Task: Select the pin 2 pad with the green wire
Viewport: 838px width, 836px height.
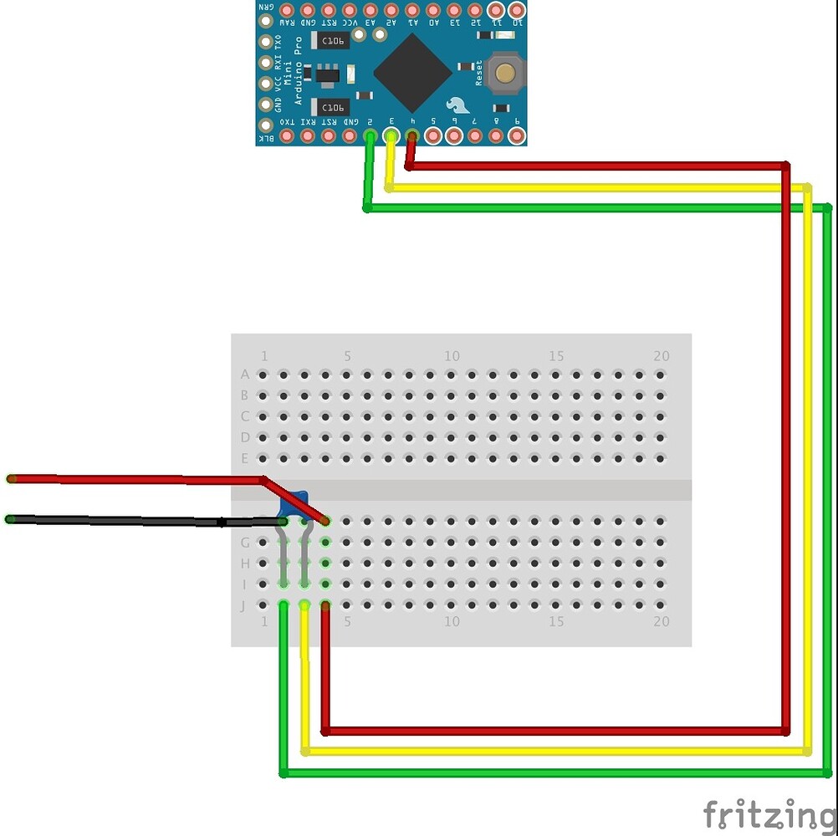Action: coord(370,135)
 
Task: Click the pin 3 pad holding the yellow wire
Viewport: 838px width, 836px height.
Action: coord(391,135)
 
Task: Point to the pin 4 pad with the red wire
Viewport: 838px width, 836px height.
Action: coord(411,135)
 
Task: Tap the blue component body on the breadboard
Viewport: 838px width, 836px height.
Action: coord(294,504)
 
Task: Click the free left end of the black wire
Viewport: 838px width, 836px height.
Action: coord(10,519)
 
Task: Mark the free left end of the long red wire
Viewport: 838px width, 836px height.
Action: coord(11,478)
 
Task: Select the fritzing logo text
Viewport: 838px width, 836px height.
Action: coord(769,813)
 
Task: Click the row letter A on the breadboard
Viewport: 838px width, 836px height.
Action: coord(244,374)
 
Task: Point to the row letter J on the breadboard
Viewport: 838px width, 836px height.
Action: coord(243,605)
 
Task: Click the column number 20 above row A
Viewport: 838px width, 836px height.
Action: coord(661,356)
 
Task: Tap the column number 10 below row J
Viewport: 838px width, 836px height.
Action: coord(452,621)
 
